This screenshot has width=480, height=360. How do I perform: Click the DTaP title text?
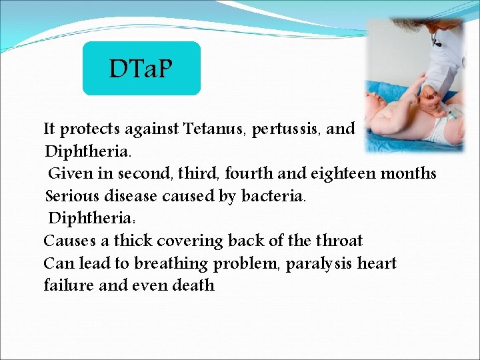(141, 68)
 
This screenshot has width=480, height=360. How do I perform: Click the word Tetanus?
(214, 129)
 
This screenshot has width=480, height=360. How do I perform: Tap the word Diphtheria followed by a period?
(79, 151)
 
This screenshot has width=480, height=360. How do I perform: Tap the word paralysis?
(319, 264)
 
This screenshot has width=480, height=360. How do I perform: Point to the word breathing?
(171, 264)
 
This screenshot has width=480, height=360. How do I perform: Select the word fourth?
(249, 174)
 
